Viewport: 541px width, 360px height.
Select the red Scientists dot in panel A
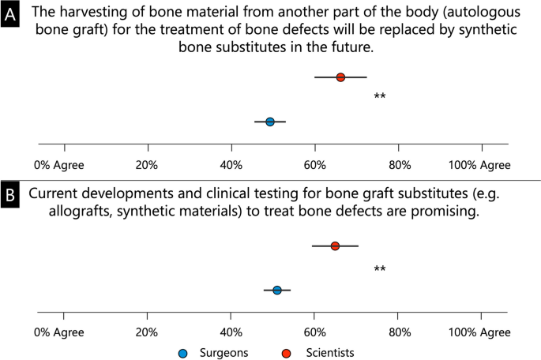tap(340, 77)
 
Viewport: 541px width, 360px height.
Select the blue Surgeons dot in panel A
tap(270, 122)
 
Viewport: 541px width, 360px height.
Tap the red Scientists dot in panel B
tap(335, 246)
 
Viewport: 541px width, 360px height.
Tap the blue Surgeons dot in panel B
tap(276, 291)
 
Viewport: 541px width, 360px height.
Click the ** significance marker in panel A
tap(380, 97)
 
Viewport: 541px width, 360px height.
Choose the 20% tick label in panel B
tap(148, 333)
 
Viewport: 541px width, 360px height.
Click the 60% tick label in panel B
tap(315, 333)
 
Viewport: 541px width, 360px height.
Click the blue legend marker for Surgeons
tap(184, 352)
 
